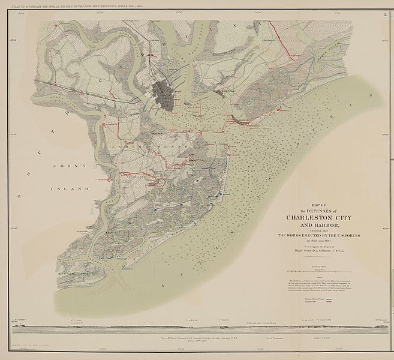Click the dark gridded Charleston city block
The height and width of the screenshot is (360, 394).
click(163, 92)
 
